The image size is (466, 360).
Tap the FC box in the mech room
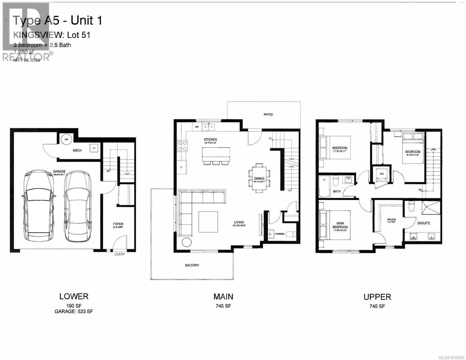[x=94, y=148]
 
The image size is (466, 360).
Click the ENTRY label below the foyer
[x=119, y=255]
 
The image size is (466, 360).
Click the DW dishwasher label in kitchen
[x=197, y=127]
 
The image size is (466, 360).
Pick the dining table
[x=259, y=178]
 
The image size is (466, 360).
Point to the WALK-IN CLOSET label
[x=391, y=220]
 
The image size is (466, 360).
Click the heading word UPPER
[x=377, y=297]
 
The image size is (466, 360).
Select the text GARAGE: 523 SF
[x=74, y=312]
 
